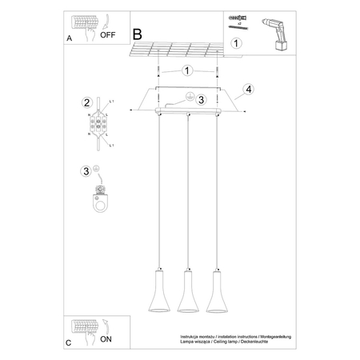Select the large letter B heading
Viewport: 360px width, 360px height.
point(137,34)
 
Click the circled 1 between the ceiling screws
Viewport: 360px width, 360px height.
point(186,71)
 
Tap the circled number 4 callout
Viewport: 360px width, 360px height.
point(249,89)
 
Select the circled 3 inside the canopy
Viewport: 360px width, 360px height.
point(202,100)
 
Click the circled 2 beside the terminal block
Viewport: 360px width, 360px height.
point(86,102)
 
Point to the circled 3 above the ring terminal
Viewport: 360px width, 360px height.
point(86,170)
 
